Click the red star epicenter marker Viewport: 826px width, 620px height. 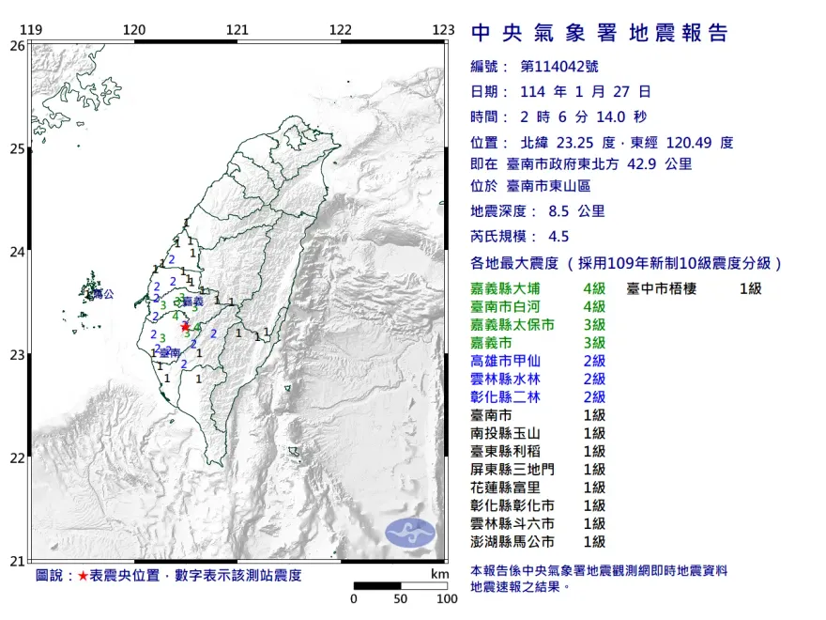click(x=185, y=326)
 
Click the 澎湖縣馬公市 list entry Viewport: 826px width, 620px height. click(x=512, y=542)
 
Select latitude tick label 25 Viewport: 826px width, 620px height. click(x=17, y=148)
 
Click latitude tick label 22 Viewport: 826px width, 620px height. click(x=17, y=458)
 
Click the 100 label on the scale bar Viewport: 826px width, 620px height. click(x=446, y=598)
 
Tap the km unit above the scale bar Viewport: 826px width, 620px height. click(x=439, y=573)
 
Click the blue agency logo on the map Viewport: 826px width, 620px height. click(x=411, y=533)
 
